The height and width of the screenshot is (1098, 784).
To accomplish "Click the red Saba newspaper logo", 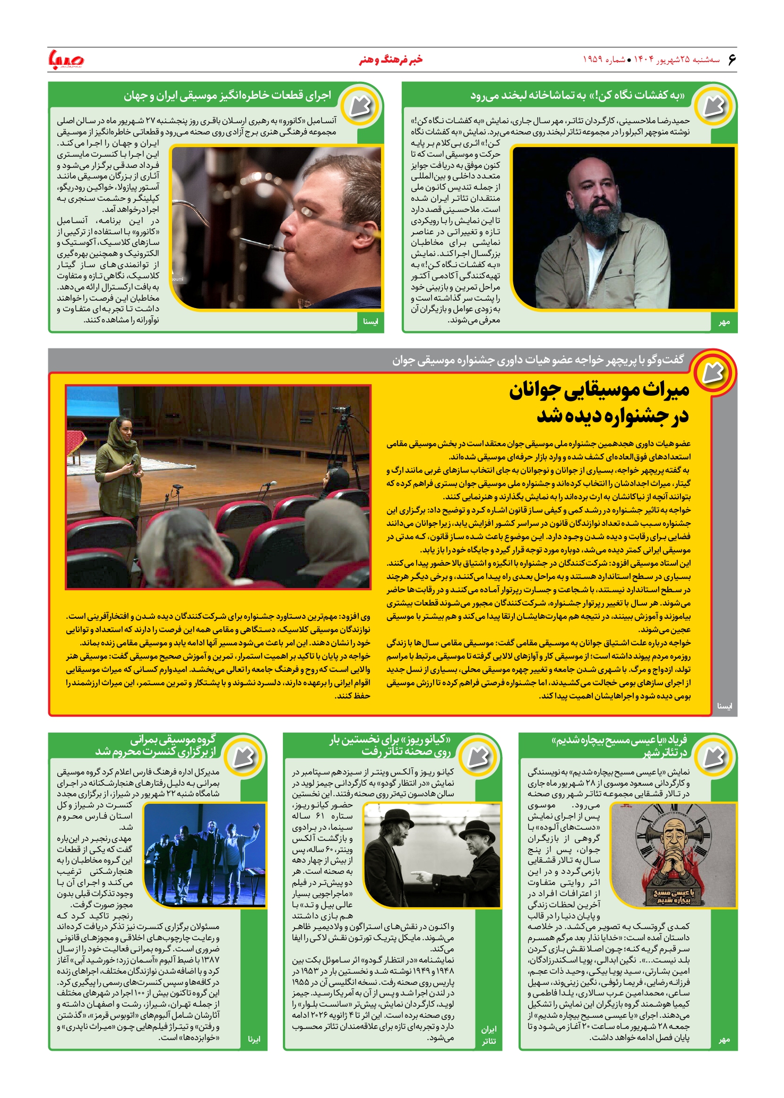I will click(66, 59).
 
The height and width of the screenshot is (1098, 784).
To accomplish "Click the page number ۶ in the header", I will click(731, 59).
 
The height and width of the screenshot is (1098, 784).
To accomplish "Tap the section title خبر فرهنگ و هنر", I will click(391, 59).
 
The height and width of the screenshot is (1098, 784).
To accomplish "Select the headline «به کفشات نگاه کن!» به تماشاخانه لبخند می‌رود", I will click(577, 96).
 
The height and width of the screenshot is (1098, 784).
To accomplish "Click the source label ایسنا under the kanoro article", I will click(370, 321).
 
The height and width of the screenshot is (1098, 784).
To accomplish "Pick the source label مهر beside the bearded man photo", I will click(724, 322).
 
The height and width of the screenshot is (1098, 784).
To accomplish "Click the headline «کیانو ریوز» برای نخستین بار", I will click(390, 740).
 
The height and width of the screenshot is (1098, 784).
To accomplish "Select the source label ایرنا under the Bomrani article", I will click(254, 1039).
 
